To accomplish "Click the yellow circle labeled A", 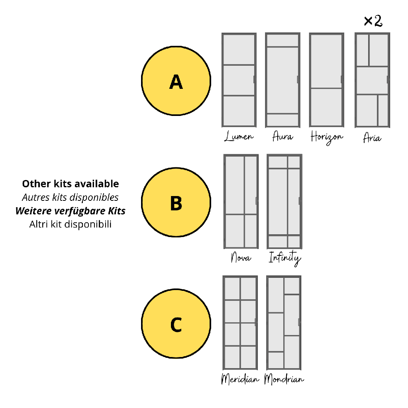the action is tap(176, 80).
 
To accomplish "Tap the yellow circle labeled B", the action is tap(176, 202).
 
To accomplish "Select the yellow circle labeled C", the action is tap(176, 324).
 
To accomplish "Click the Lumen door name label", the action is tap(239, 136).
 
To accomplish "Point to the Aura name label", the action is tap(282, 136).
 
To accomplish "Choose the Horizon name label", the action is tap(327, 137).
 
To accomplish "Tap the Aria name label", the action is tap(372, 137).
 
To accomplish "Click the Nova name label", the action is tap(241, 257).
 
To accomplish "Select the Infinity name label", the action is tap(284, 258).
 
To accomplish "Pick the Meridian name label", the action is tap(240, 379).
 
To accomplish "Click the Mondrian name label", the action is tap(284, 379).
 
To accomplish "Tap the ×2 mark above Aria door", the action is tap(373, 21).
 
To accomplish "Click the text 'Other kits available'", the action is tap(71, 184).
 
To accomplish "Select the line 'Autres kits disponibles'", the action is tap(70, 197).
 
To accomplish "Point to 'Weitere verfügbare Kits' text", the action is tap(70, 211).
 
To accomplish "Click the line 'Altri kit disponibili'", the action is tap(70, 224).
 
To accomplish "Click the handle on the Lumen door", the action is tap(254, 80).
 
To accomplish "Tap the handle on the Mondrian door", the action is tap(299, 322).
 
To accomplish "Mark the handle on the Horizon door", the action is tap(342, 80).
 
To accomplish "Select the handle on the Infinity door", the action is tap(300, 201).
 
